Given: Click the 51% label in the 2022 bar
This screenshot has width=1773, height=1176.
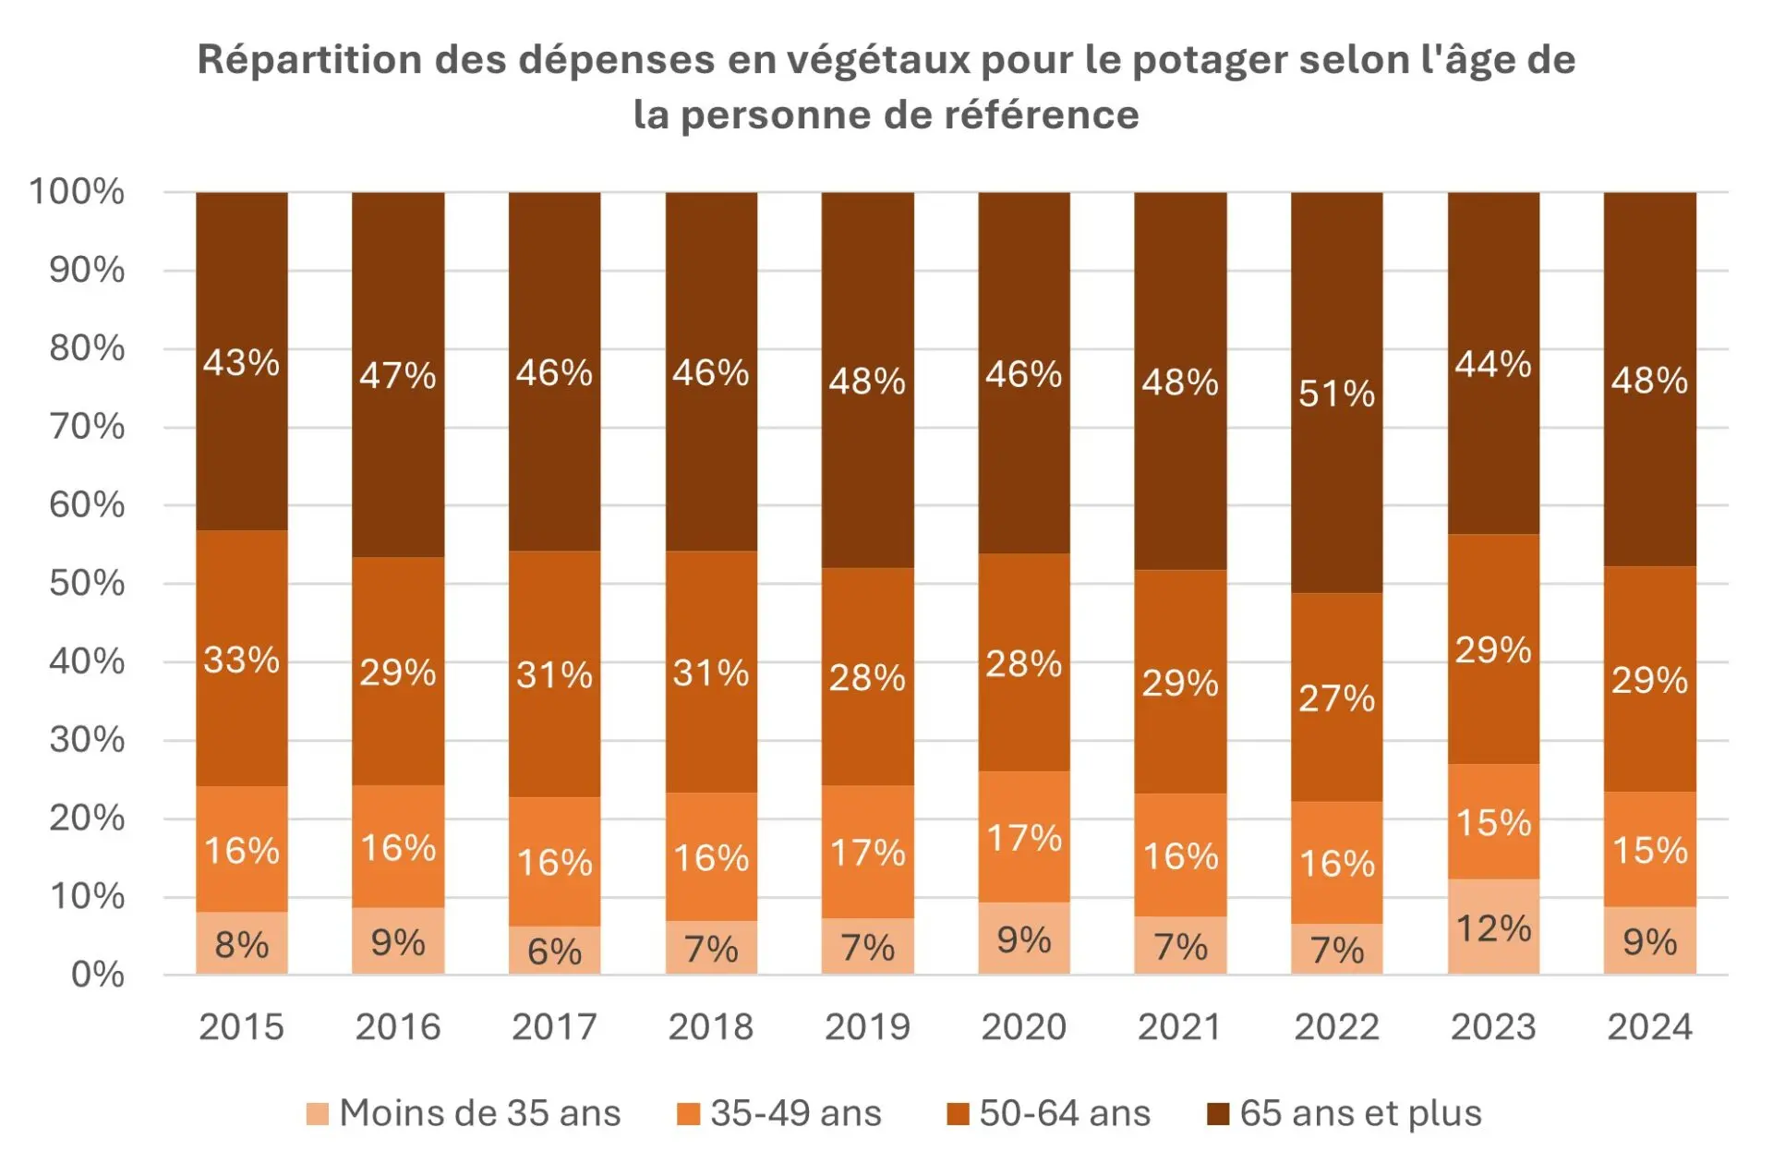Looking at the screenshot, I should coord(1336,394).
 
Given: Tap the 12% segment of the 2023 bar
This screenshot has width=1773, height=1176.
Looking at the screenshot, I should coord(1493,927).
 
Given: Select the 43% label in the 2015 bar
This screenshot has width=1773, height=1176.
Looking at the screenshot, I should coord(241,362).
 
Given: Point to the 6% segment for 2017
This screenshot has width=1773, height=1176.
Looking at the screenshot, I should coord(554,951).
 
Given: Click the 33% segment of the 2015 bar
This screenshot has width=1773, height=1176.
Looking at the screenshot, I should coord(241,660).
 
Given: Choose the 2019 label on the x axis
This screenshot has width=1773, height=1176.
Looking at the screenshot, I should coord(867,1026).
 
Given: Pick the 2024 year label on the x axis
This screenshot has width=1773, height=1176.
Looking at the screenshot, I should coord(1649,1026).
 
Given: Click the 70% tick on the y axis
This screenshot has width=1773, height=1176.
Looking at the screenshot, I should coord(87,427).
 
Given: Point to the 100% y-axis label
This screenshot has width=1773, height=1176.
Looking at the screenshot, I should coord(77,191).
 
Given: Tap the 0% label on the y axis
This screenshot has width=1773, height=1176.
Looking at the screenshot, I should coord(97,974).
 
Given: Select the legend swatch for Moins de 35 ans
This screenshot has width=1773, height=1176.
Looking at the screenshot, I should coord(318,1114).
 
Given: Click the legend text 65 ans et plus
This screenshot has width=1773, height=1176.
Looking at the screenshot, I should coord(1360,1113).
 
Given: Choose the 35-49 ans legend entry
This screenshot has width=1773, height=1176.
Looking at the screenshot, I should coord(795,1113).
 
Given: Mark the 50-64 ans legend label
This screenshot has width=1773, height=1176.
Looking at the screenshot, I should coord(1064,1113).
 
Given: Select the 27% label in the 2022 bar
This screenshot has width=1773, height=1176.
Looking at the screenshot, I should coord(1336,698).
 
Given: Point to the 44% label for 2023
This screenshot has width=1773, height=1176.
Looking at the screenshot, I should coord(1493,364).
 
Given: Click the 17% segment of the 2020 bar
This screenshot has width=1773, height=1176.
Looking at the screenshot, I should coord(1024,838).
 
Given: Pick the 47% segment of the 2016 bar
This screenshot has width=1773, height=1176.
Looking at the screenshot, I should coord(398,375).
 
